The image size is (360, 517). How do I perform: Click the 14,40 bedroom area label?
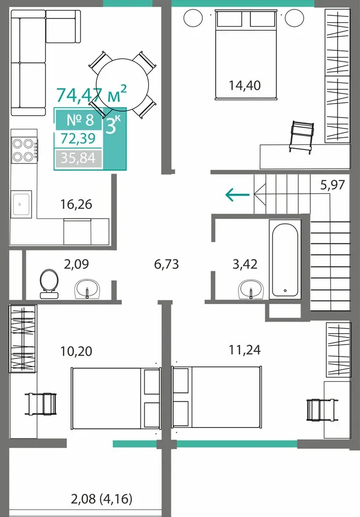[245, 85]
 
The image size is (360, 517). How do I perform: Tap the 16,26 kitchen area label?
[76, 205]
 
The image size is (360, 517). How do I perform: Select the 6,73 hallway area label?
[166, 264]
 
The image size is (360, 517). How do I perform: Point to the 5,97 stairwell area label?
[333, 185]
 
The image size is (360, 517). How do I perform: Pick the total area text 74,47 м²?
[91, 94]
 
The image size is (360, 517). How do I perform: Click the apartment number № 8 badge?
[80, 120]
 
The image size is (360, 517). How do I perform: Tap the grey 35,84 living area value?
[78, 158]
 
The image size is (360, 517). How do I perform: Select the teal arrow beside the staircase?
[237, 195]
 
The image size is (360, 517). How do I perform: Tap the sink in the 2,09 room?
[87, 289]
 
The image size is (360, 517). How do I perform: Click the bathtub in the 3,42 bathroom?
[285, 259]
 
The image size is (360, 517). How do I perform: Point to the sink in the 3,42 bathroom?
[251, 289]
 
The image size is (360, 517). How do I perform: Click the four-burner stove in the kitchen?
[24, 150]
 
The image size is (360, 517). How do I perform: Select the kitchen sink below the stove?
[21, 204]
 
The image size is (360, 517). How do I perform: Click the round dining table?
[123, 84]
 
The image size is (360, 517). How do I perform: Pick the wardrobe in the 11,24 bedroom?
[338, 350]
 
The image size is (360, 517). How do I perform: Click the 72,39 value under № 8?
[78, 138]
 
